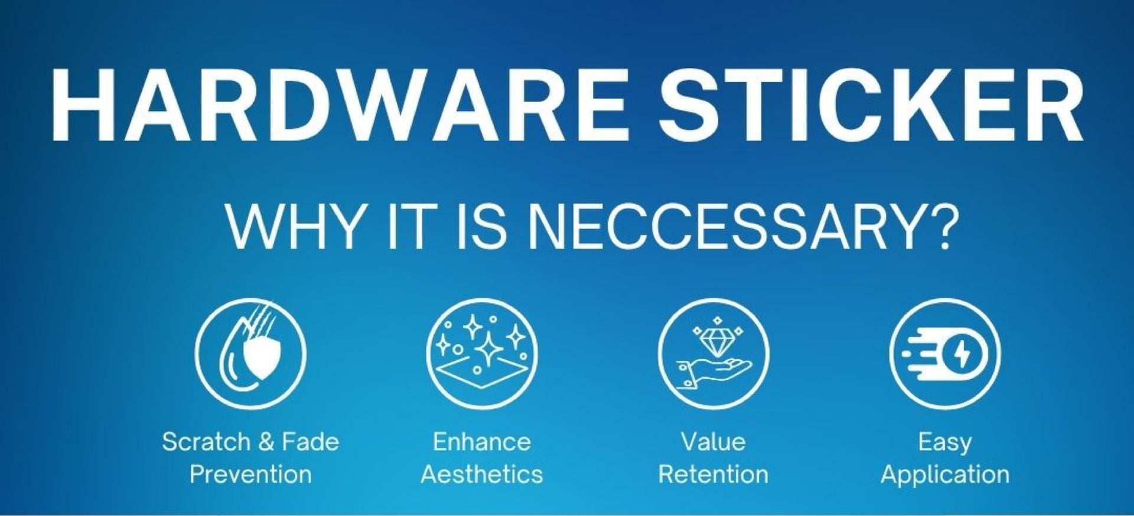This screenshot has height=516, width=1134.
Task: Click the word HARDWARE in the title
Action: [339, 106]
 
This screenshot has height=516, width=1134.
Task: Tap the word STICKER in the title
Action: [872, 106]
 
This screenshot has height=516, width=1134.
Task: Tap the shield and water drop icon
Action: [250, 354]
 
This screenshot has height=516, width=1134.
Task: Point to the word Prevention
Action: [250, 474]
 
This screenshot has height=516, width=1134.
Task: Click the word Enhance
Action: [481, 442]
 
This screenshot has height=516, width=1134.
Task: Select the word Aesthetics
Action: [482, 474]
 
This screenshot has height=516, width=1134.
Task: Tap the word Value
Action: [713, 442]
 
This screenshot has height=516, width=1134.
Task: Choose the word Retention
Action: [713, 474]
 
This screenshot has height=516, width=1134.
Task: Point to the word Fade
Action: [310, 442]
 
